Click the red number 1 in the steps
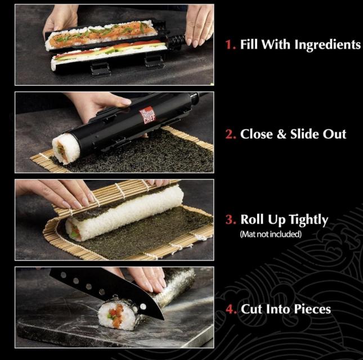tap(230, 44)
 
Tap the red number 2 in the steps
tap(230, 134)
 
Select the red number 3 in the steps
tap(230, 219)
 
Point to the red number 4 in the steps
tap(230, 309)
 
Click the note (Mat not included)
tap(271, 235)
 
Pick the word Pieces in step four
tap(310, 309)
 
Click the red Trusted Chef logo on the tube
tap(147, 115)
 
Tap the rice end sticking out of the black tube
tap(65, 148)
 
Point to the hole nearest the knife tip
tap(144, 307)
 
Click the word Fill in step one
tap(249, 44)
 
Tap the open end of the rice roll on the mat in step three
tap(73, 229)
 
